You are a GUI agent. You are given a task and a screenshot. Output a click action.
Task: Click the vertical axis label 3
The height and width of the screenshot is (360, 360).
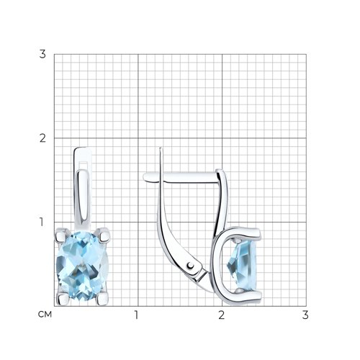(x=42, y=54)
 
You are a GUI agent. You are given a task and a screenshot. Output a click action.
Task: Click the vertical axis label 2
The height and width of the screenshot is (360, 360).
(x=42, y=138)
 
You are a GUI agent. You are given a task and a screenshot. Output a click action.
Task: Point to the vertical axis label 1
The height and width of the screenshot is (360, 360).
(x=42, y=222)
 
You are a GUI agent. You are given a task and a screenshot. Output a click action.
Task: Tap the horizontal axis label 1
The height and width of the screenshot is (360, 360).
(x=136, y=315)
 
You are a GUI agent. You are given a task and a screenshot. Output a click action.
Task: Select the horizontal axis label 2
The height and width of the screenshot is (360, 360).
(x=221, y=315)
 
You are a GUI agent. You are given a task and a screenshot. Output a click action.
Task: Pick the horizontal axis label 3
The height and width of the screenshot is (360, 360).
(x=305, y=315)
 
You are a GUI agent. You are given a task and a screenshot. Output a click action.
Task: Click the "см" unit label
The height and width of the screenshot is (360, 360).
(x=45, y=315)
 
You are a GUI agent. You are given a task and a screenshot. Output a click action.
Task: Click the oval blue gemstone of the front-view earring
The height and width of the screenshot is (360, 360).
(x=82, y=266)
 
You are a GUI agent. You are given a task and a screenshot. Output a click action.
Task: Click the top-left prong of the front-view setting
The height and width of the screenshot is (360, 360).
(x=60, y=235)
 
